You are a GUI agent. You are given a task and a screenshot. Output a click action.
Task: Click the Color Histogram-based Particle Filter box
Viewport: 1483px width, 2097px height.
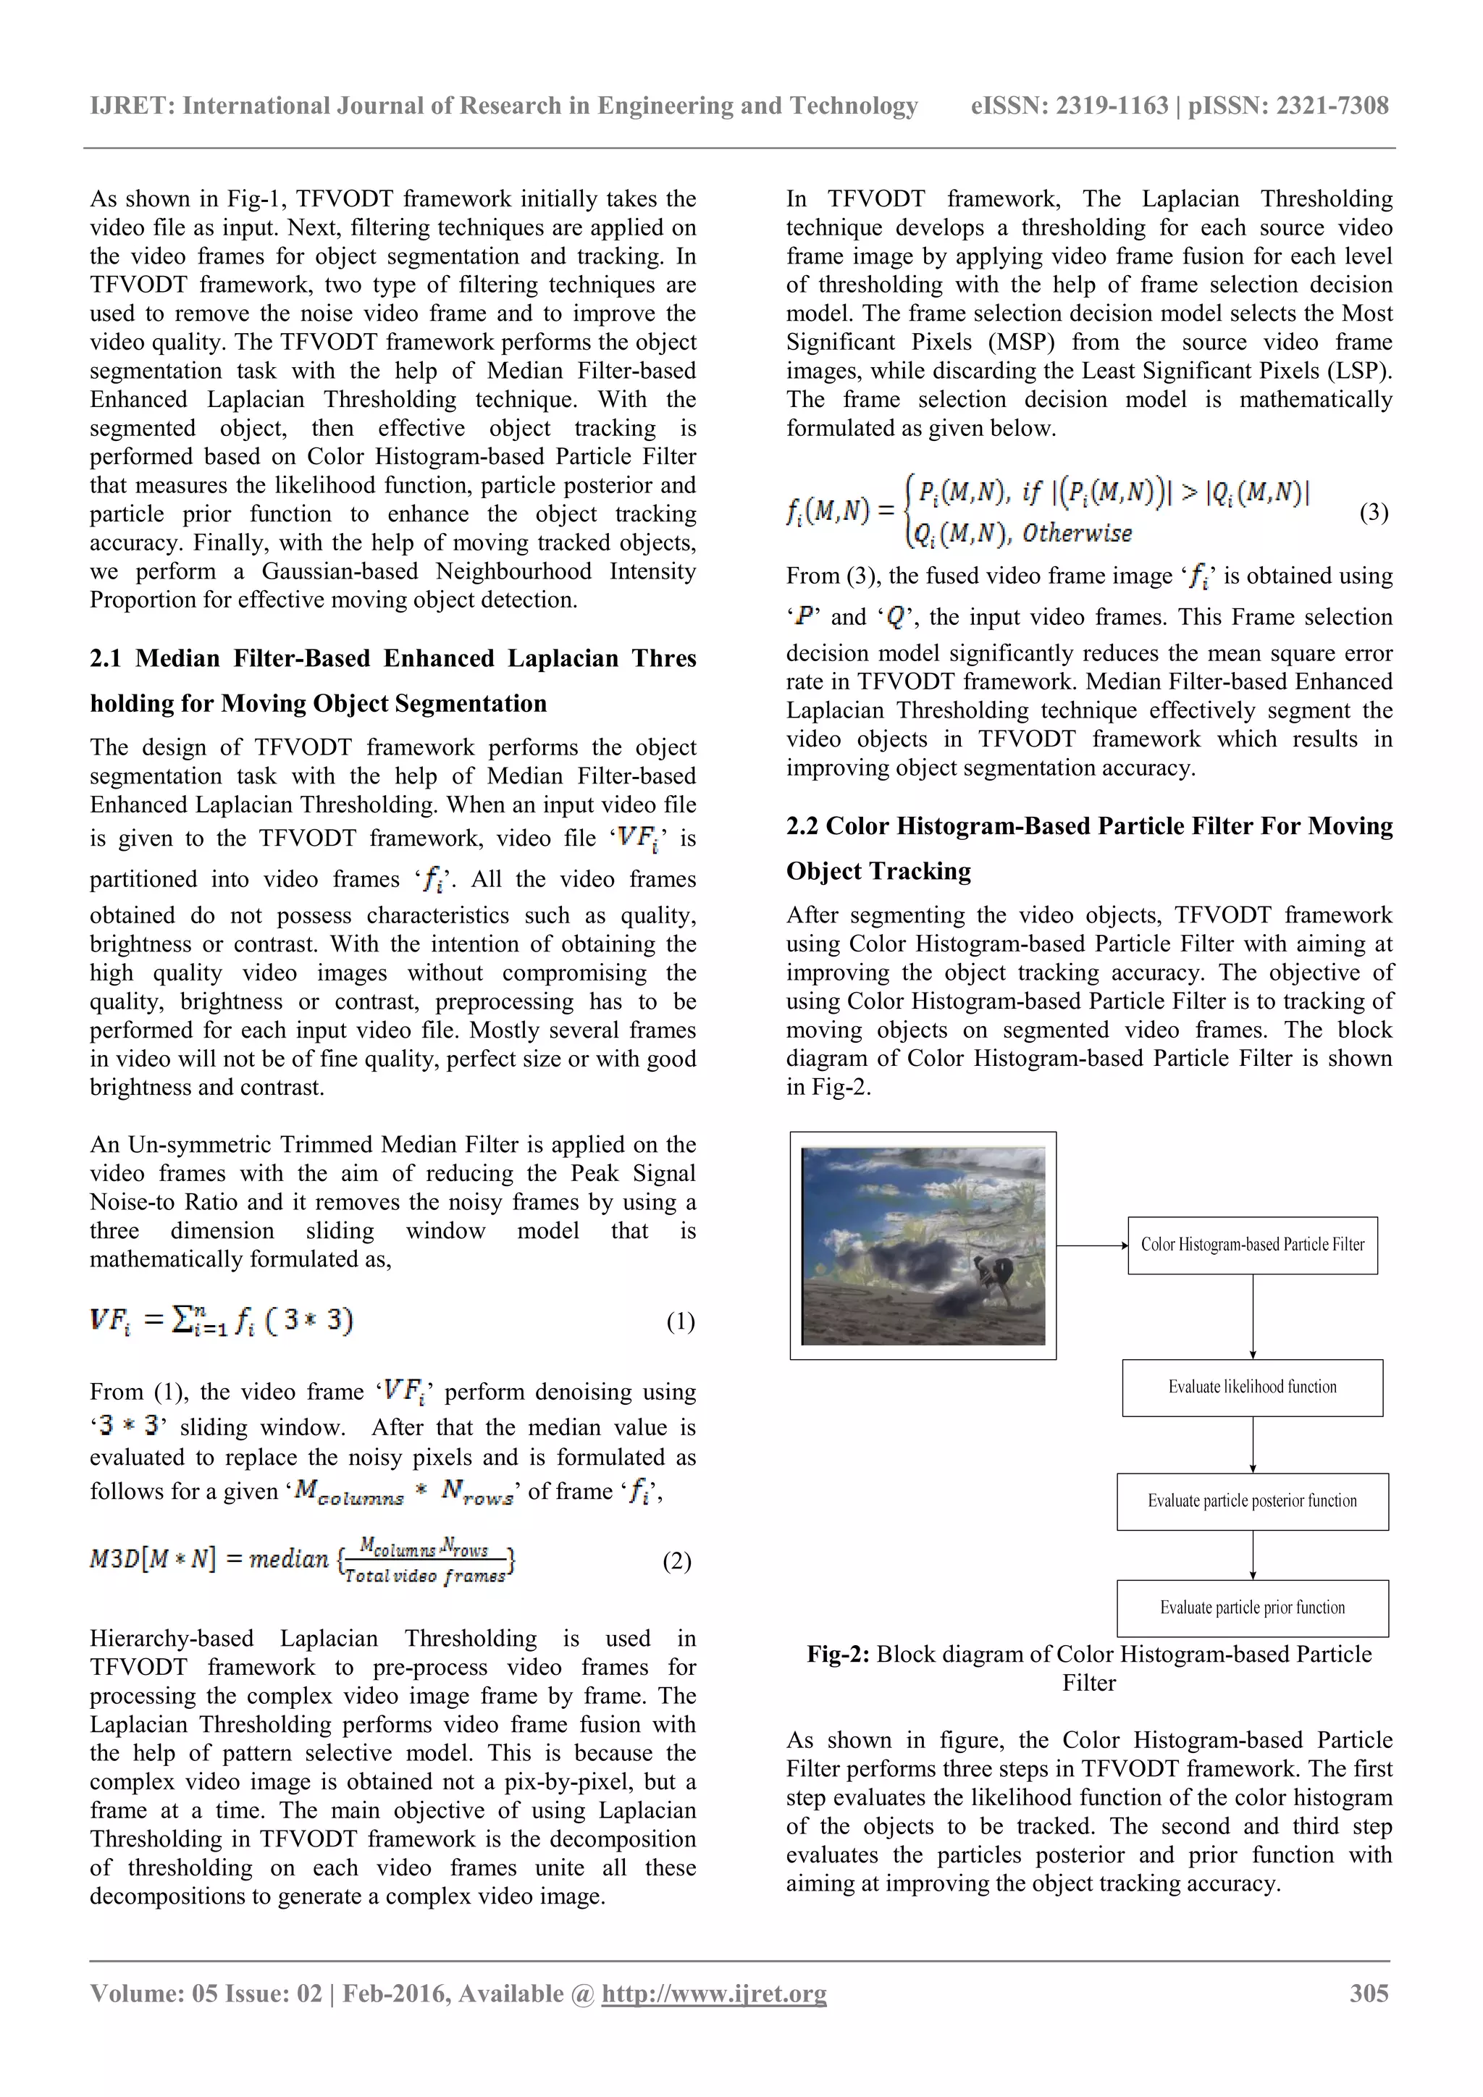[x=1252, y=1245]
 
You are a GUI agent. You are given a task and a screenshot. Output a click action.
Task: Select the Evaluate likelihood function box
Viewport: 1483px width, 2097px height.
[x=1252, y=1387]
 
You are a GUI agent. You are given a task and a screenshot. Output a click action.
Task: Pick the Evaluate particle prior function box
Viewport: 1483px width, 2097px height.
[x=1252, y=1608]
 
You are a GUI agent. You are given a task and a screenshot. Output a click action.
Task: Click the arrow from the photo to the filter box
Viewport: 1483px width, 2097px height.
[x=1092, y=1245]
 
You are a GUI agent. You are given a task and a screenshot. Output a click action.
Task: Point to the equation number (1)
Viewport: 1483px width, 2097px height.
[x=681, y=1321]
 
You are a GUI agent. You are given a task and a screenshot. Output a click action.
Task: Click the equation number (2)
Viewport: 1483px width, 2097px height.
[x=676, y=1561]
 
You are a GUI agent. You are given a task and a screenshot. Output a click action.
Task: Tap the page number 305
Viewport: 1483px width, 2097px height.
[x=1369, y=1993]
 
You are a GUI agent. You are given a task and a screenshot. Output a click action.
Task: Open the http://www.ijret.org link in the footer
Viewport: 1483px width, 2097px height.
[x=713, y=1993]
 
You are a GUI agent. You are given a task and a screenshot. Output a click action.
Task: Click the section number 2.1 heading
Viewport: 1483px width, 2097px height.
[x=105, y=658]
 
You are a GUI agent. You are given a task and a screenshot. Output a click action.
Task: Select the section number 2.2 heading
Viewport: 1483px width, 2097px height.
[x=802, y=825]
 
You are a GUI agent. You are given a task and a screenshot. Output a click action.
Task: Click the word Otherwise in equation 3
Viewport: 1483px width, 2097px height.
[x=1077, y=534]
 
